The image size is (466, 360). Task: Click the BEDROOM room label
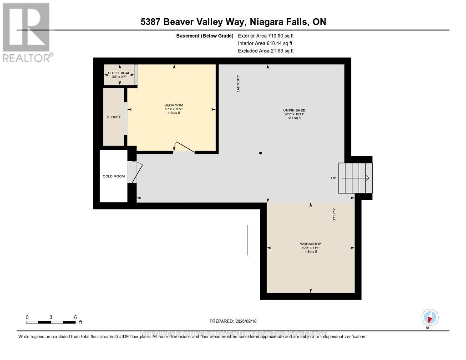(x=173, y=106)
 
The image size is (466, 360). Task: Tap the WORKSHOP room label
(x=310, y=244)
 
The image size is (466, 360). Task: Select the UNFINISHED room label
(x=294, y=111)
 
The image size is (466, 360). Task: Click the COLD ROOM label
(x=113, y=176)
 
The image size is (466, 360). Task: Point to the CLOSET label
(x=114, y=117)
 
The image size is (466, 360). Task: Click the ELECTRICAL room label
(x=119, y=73)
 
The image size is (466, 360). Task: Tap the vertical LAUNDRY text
(x=238, y=84)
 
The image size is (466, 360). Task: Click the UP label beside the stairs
(x=333, y=178)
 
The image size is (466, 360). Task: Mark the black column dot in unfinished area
(x=260, y=153)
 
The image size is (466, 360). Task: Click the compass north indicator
(x=430, y=317)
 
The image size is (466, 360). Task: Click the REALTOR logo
(x=27, y=32)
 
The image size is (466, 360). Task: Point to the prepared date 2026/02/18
(x=233, y=321)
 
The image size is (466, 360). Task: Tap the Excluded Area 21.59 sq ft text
(x=266, y=51)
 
